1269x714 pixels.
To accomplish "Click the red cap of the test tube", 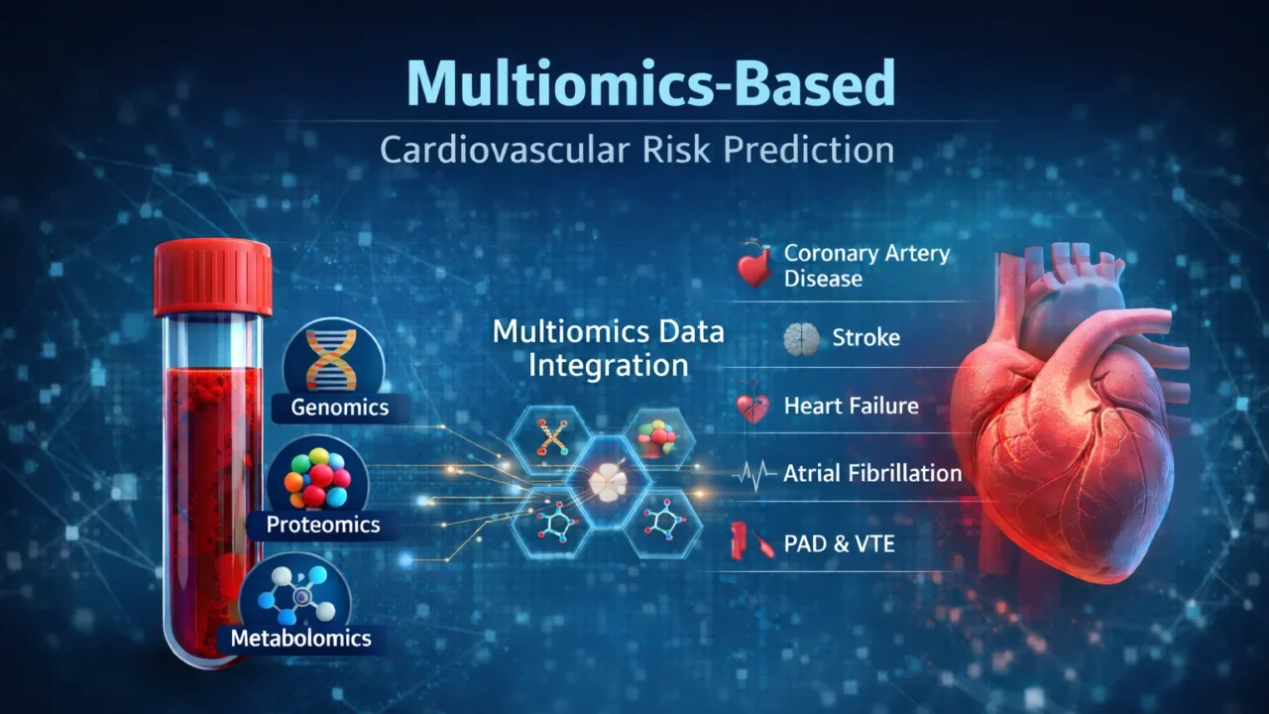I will (212, 277).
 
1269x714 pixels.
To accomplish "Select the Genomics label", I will (339, 407).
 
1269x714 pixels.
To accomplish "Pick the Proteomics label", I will (323, 525).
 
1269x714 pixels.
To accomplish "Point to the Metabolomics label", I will (300, 638).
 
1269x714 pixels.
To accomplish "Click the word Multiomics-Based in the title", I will (650, 84).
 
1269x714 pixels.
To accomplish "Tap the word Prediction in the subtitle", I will (808, 150).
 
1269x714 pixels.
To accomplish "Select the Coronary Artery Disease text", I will (865, 265).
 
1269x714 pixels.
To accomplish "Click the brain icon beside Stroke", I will (801, 339).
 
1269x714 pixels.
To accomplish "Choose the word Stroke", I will (865, 338).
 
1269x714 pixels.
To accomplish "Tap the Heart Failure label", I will (851, 406).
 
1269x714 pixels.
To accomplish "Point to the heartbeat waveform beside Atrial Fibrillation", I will (754, 475).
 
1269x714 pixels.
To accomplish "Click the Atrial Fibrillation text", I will (872, 473).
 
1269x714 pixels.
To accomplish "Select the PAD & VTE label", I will (839, 542).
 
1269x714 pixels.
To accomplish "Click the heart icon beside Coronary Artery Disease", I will (755, 266).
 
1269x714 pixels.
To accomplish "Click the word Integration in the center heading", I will (608, 364).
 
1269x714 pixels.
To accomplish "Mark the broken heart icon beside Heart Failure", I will (753, 408).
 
